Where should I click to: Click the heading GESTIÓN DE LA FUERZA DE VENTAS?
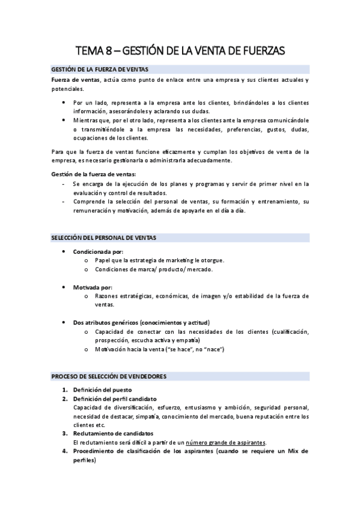click(100, 70)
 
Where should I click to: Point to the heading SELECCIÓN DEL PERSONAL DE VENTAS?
click(103, 238)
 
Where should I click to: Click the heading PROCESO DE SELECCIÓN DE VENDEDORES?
click(109, 376)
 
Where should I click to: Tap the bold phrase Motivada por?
click(93, 287)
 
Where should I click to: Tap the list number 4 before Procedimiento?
click(64, 450)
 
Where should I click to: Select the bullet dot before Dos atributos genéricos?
click(64, 323)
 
